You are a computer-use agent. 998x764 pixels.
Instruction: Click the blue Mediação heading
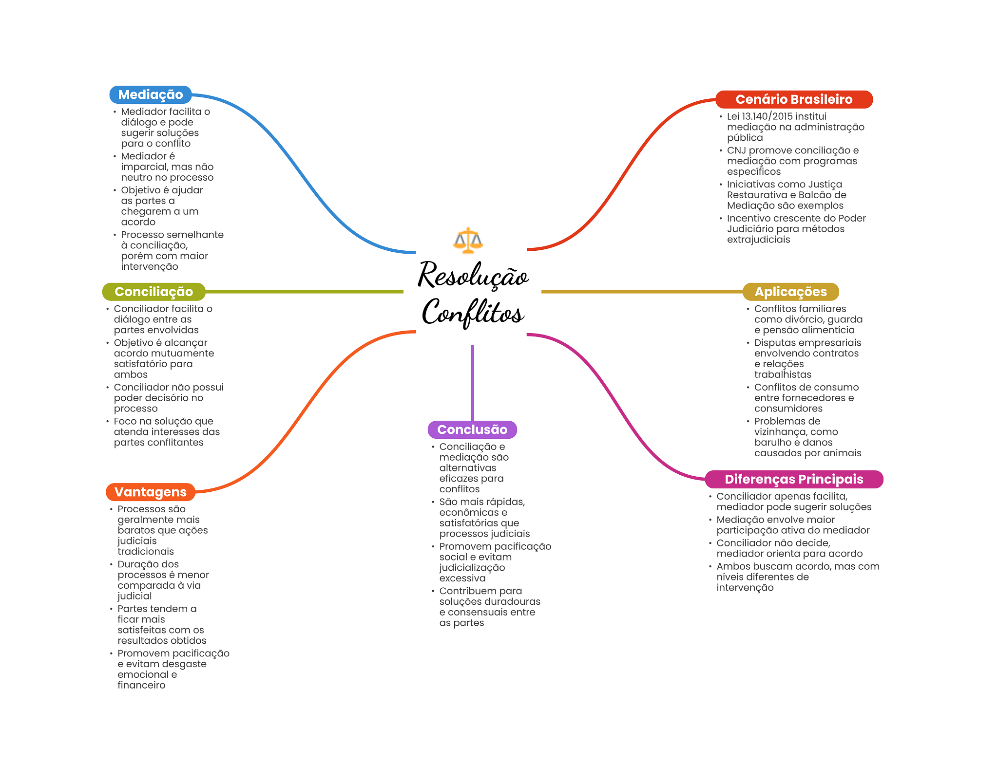(x=150, y=94)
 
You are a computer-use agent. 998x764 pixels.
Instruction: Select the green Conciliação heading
(x=154, y=292)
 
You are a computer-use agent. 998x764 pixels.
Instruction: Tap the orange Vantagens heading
(x=150, y=492)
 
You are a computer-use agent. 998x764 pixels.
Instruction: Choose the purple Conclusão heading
(x=472, y=429)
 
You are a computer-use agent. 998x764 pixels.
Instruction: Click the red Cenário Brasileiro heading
(x=794, y=99)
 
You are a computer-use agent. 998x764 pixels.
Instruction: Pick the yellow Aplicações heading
(x=790, y=292)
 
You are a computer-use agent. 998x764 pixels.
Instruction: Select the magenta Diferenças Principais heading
(x=794, y=479)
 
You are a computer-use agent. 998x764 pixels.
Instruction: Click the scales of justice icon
(x=468, y=240)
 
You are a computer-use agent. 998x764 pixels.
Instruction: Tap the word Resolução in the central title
(x=473, y=276)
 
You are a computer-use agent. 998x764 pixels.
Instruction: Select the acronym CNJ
(x=736, y=150)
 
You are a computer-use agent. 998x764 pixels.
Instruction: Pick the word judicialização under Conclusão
(x=472, y=568)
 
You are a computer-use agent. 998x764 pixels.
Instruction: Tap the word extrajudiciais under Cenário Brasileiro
(x=758, y=240)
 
